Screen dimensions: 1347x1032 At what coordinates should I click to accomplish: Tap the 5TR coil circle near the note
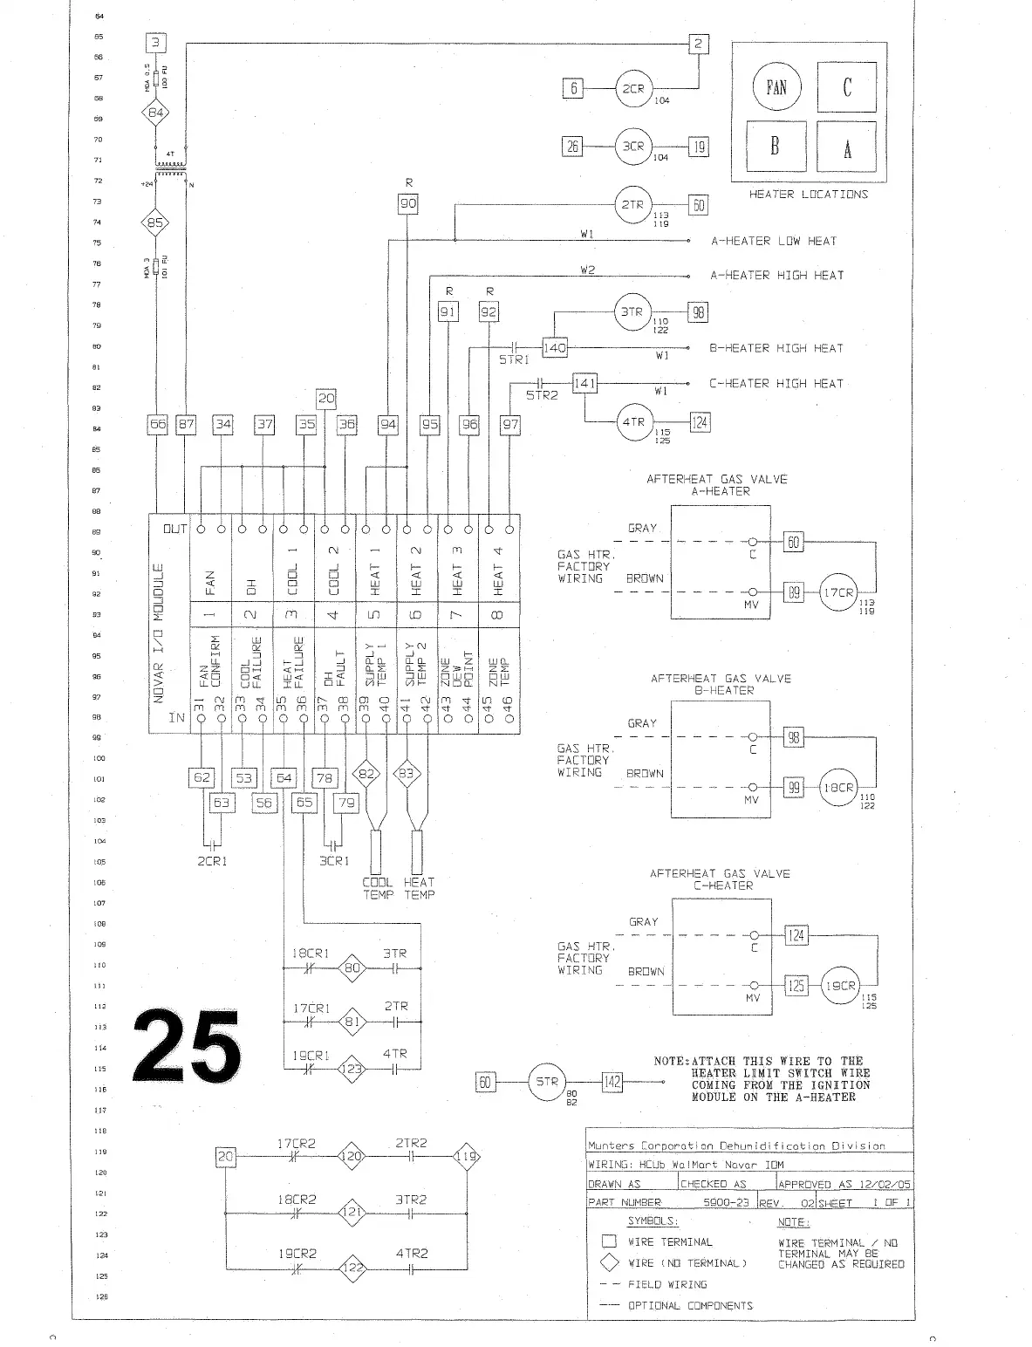pyautogui.click(x=546, y=1082)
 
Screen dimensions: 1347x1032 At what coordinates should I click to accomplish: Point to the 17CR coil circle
pyautogui.click(x=838, y=592)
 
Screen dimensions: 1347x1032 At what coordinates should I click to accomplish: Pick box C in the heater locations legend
pyautogui.click(x=846, y=86)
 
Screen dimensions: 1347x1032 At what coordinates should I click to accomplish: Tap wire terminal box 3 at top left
pyautogui.click(x=155, y=44)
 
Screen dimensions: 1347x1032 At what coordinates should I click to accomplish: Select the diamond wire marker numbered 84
pyautogui.click(x=155, y=113)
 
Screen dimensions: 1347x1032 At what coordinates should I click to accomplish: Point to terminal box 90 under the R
pyautogui.click(x=408, y=204)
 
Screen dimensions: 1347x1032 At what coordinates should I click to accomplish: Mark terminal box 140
pyautogui.click(x=555, y=348)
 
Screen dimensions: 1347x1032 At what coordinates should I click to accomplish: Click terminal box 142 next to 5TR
pyautogui.click(x=612, y=1082)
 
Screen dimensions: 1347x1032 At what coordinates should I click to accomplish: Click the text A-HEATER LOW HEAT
pyautogui.click(x=773, y=241)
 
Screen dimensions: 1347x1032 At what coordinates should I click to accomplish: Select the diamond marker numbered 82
pyautogui.click(x=367, y=774)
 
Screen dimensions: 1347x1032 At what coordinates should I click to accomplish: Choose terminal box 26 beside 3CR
pyautogui.click(x=572, y=147)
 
